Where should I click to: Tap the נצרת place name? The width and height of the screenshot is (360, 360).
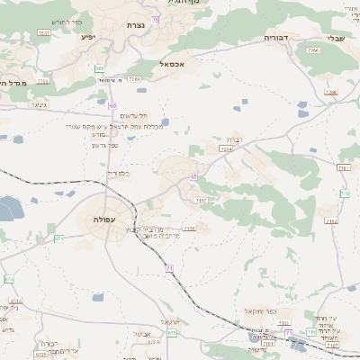(x=137, y=25)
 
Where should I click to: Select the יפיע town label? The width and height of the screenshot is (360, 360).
(x=88, y=37)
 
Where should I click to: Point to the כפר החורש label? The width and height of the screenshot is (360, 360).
(x=67, y=21)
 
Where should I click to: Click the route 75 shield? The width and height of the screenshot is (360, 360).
(x=156, y=19)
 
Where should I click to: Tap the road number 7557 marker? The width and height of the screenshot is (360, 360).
(x=43, y=33)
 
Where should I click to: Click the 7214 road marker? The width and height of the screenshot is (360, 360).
(x=227, y=149)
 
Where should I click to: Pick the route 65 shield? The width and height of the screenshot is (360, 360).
(x=193, y=177)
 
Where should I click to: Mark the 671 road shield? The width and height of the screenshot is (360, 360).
(x=58, y=238)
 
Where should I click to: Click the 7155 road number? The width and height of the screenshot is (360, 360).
(x=189, y=229)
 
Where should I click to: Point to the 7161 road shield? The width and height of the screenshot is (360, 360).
(x=342, y=167)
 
